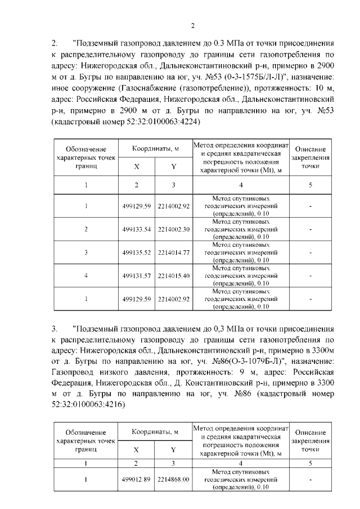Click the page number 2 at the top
[192, 25]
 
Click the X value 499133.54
[137, 229]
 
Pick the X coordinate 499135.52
[137, 253]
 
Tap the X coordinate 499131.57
[137, 276]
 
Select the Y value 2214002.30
[174, 229]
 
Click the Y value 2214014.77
[174, 253]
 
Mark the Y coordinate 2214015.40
[174, 276]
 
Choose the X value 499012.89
[137, 479]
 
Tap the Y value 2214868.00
[174, 479]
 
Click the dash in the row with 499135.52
[310, 253]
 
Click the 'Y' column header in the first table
[174, 166]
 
